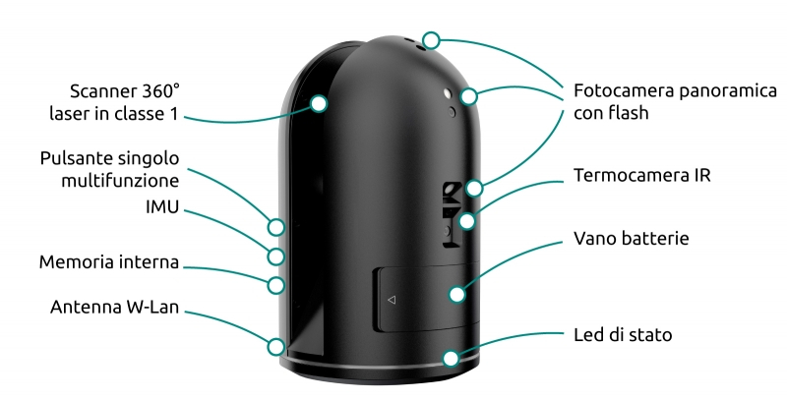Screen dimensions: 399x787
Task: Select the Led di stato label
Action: [623, 335]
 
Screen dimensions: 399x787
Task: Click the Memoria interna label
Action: [109, 262]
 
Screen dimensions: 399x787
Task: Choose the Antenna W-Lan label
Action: [114, 309]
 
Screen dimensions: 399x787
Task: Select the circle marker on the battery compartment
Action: [455, 293]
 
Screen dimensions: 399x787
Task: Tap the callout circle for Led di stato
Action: [451, 358]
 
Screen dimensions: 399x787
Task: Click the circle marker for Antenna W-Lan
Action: [276, 346]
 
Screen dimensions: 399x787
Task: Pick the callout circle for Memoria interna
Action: [276, 286]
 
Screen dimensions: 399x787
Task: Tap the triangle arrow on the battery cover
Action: [391, 299]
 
